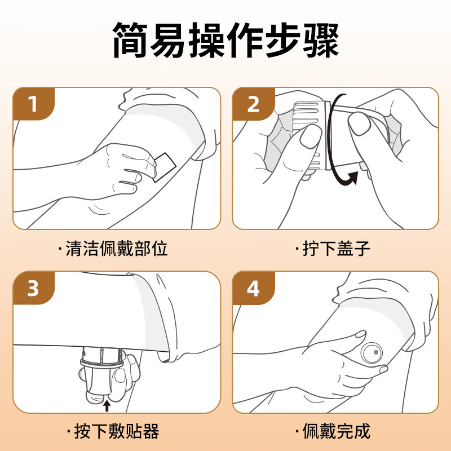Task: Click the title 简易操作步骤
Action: point(225,39)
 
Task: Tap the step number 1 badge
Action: point(34,104)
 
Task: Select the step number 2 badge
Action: point(253,104)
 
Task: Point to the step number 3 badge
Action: point(34,288)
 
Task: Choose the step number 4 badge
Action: point(253,288)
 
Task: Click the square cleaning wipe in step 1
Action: point(165,167)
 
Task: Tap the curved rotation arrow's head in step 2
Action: point(353,178)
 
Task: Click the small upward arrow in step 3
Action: point(107,406)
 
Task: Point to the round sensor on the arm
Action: point(372,353)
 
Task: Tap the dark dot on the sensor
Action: point(376,352)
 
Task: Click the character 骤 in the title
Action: point(321,40)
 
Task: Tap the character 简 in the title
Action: point(130,40)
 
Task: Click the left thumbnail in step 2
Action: point(310,136)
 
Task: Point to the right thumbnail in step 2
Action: point(359,123)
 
